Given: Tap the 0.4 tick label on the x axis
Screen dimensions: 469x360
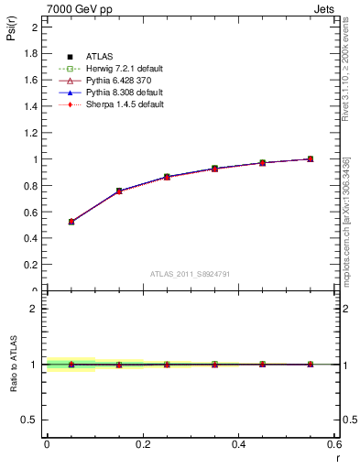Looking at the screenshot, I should [239, 444].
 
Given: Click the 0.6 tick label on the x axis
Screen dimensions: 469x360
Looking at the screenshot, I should [333, 444].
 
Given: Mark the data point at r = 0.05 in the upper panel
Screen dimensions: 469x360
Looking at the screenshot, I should [71, 222].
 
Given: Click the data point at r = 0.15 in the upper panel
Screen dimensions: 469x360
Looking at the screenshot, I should [119, 191].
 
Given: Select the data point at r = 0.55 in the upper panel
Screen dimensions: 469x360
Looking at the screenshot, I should [310, 159].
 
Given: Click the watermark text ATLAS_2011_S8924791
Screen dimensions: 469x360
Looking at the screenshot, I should [191, 273].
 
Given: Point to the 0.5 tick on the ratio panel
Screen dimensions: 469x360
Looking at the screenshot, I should [33, 420].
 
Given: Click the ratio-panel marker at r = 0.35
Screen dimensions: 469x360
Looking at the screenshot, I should [214, 365].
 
